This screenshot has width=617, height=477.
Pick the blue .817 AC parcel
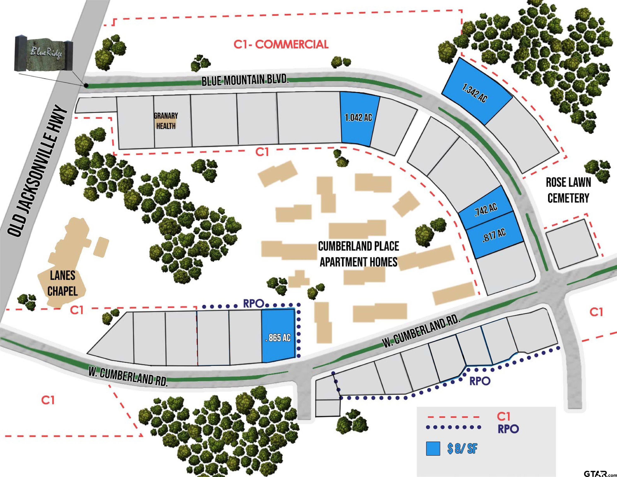pyautogui.click(x=494, y=235)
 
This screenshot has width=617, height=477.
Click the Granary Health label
pyautogui.click(x=166, y=121)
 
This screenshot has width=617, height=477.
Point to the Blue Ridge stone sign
pyautogui.click(x=43, y=54)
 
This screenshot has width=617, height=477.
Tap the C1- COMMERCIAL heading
pyautogui.click(x=281, y=44)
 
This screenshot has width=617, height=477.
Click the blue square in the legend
pyautogui.click(x=433, y=448)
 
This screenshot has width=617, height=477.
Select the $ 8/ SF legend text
pyautogui.click(x=462, y=448)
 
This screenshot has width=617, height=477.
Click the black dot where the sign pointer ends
pyautogui.click(x=86, y=85)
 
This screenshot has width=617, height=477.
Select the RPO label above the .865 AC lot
pyautogui.click(x=253, y=304)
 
